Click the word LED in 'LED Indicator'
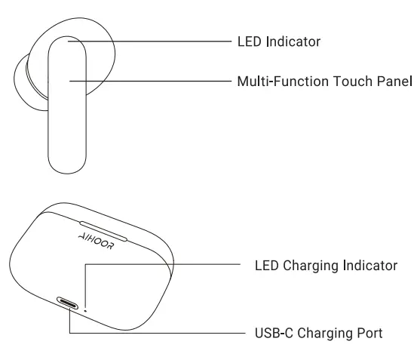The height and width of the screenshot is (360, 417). tap(249, 42)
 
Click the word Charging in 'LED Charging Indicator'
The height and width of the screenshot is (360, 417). tap(314, 265)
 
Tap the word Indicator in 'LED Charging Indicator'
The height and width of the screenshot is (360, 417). tap(369, 265)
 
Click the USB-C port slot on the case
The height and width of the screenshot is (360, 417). tap(69, 304)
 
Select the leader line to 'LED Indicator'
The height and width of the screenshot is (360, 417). tap(151, 42)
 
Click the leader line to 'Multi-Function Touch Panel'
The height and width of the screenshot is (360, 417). tap(151, 80)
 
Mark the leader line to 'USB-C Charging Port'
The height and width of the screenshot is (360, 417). tap(151, 333)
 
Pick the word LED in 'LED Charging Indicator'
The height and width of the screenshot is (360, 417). tap(268, 265)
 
